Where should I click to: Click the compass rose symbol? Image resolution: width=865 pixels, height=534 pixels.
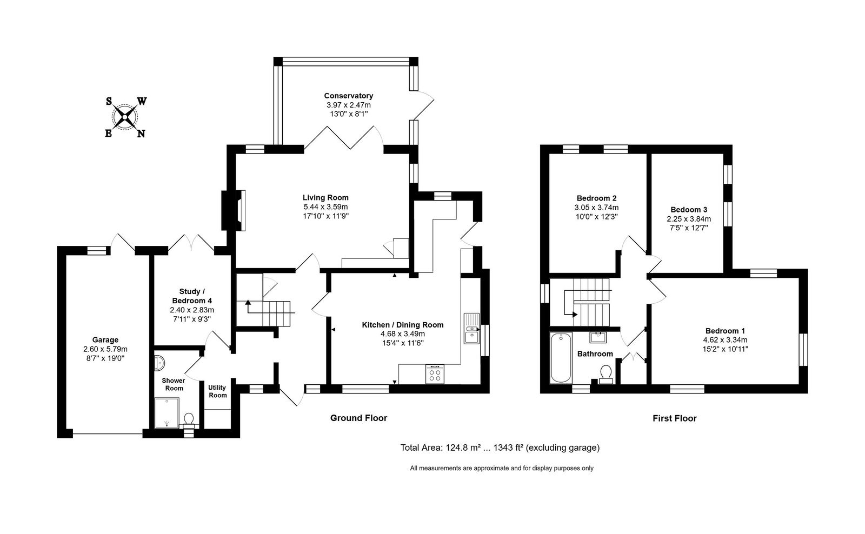click(125, 117)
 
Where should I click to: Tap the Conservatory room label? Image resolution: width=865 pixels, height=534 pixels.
click(348, 96)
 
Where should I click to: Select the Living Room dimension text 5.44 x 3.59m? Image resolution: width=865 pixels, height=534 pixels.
click(325, 207)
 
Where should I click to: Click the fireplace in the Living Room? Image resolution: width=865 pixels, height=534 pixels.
click(234, 210)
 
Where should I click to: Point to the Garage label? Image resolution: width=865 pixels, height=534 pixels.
click(105, 340)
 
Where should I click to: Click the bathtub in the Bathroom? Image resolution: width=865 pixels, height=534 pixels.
click(561, 358)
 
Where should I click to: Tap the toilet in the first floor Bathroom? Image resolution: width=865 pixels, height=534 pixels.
click(606, 375)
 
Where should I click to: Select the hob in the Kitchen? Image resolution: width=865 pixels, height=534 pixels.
click(435, 374)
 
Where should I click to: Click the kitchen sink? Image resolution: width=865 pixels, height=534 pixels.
click(471, 329)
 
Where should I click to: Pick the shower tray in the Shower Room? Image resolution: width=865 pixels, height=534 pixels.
click(167, 413)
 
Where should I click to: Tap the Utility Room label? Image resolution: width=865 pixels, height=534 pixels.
click(217, 391)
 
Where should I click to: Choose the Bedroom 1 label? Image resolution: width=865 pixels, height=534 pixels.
click(725, 331)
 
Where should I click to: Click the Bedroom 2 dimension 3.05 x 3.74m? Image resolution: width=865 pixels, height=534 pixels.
click(596, 208)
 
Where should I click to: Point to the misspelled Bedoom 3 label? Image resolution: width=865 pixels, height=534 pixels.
click(689, 210)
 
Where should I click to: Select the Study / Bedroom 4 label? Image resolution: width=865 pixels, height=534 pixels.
click(191, 296)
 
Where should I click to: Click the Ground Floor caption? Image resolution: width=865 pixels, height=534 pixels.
click(358, 418)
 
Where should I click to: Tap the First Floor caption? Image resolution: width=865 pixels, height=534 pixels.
click(675, 418)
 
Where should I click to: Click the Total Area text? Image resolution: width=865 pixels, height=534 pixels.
click(500, 448)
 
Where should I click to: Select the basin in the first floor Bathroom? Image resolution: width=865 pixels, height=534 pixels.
click(598, 337)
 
